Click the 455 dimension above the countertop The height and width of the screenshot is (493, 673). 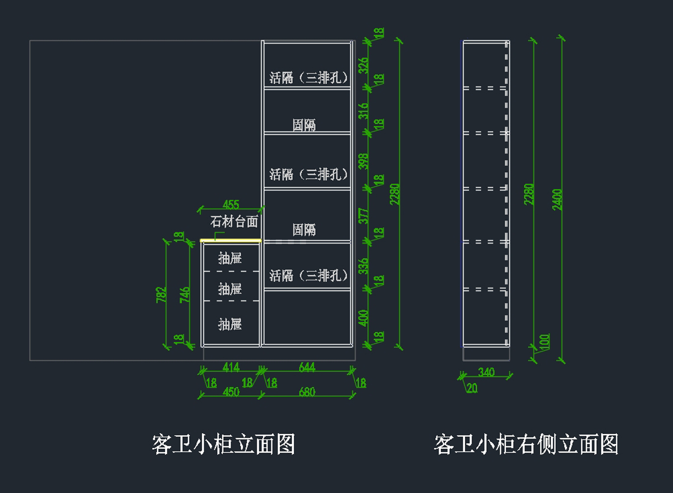[231, 205]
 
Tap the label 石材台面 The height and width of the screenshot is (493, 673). [234, 222]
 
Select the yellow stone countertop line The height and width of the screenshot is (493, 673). [231, 241]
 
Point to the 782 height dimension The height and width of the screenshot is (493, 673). [162, 295]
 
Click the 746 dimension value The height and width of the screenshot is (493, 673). [185, 295]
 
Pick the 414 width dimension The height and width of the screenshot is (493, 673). [231, 367]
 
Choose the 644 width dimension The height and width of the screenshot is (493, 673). [307, 367]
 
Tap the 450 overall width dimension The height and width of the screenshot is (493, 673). [231, 391]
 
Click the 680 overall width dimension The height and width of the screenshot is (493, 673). [307, 391]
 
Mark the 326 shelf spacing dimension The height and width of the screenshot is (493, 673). [363, 66]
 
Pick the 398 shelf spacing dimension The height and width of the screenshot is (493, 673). [363, 162]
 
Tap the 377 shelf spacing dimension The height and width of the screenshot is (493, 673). [363, 216]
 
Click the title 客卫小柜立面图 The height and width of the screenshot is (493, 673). [224, 445]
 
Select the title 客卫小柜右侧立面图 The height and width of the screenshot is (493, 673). [526, 445]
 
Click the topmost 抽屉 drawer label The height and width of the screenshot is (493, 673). [230, 259]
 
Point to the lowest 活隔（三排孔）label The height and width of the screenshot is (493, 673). [309, 275]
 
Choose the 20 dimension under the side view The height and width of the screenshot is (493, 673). [472, 388]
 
